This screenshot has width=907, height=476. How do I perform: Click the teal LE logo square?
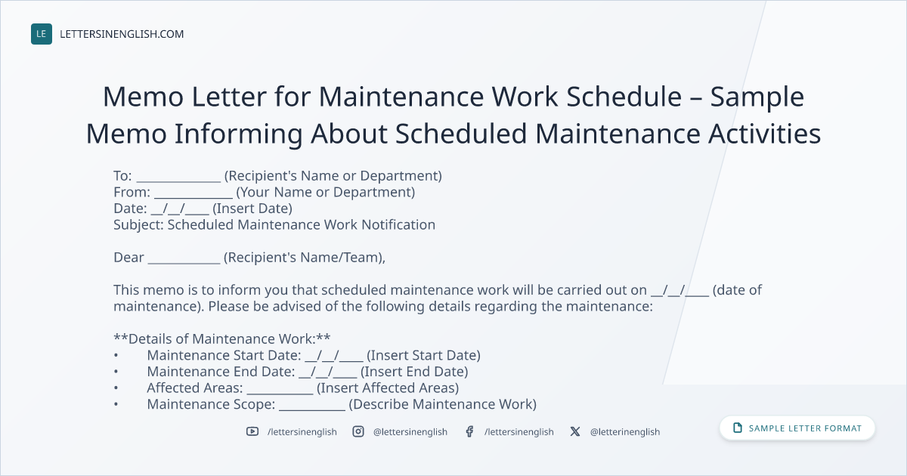pyautogui.click(x=42, y=34)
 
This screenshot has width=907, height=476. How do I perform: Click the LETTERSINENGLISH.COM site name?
pyautogui.click(x=122, y=34)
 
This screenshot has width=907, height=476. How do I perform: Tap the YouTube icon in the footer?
pyautogui.click(x=252, y=431)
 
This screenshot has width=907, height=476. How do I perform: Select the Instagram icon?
pyautogui.click(x=358, y=431)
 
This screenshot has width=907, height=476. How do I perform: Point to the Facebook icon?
pyautogui.click(x=469, y=431)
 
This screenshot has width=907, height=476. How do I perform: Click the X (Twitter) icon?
pyautogui.click(x=575, y=431)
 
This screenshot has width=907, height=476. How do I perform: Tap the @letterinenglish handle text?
pyautogui.click(x=625, y=432)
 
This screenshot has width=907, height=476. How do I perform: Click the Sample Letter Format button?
pyautogui.click(x=797, y=428)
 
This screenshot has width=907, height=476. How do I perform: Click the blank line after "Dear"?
pyautogui.click(x=184, y=263)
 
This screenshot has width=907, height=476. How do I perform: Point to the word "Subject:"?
pyautogui.click(x=138, y=224)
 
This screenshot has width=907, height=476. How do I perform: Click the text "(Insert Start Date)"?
pyautogui.click(x=423, y=355)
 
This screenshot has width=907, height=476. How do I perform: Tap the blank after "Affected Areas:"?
pyautogui.click(x=280, y=394)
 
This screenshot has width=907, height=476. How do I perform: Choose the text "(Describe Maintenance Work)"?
pyautogui.click(x=443, y=404)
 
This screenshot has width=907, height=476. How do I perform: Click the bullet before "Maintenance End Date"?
pyautogui.click(x=116, y=372)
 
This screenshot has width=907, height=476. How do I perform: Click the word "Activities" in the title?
pyautogui.click(x=764, y=134)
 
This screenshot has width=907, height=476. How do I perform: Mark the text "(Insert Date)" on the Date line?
pyautogui.click(x=252, y=209)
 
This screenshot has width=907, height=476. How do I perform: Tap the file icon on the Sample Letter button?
pyautogui.click(x=738, y=428)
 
